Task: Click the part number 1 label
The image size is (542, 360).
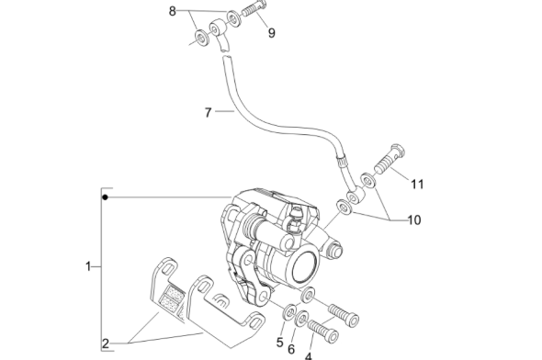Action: tap(88, 267)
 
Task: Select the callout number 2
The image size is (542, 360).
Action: tap(106, 343)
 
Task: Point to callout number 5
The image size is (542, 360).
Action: tap(280, 343)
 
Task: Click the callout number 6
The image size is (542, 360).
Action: tap(292, 349)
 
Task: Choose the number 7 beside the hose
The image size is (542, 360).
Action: tap(209, 113)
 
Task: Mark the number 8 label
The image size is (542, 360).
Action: tap(172, 11)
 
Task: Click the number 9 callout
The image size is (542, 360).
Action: tap(271, 34)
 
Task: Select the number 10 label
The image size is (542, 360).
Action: tap(413, 219)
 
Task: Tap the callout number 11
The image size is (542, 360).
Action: tap(417, 184)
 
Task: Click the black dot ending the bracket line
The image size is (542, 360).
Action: tap(107, 197)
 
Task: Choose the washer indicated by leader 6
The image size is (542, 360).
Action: tap(301, 318)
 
